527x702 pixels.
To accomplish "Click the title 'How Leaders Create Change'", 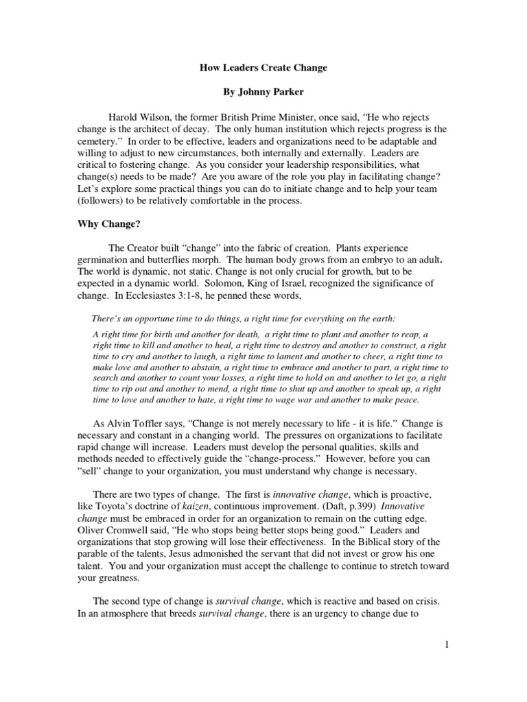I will [x=263, y=68].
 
